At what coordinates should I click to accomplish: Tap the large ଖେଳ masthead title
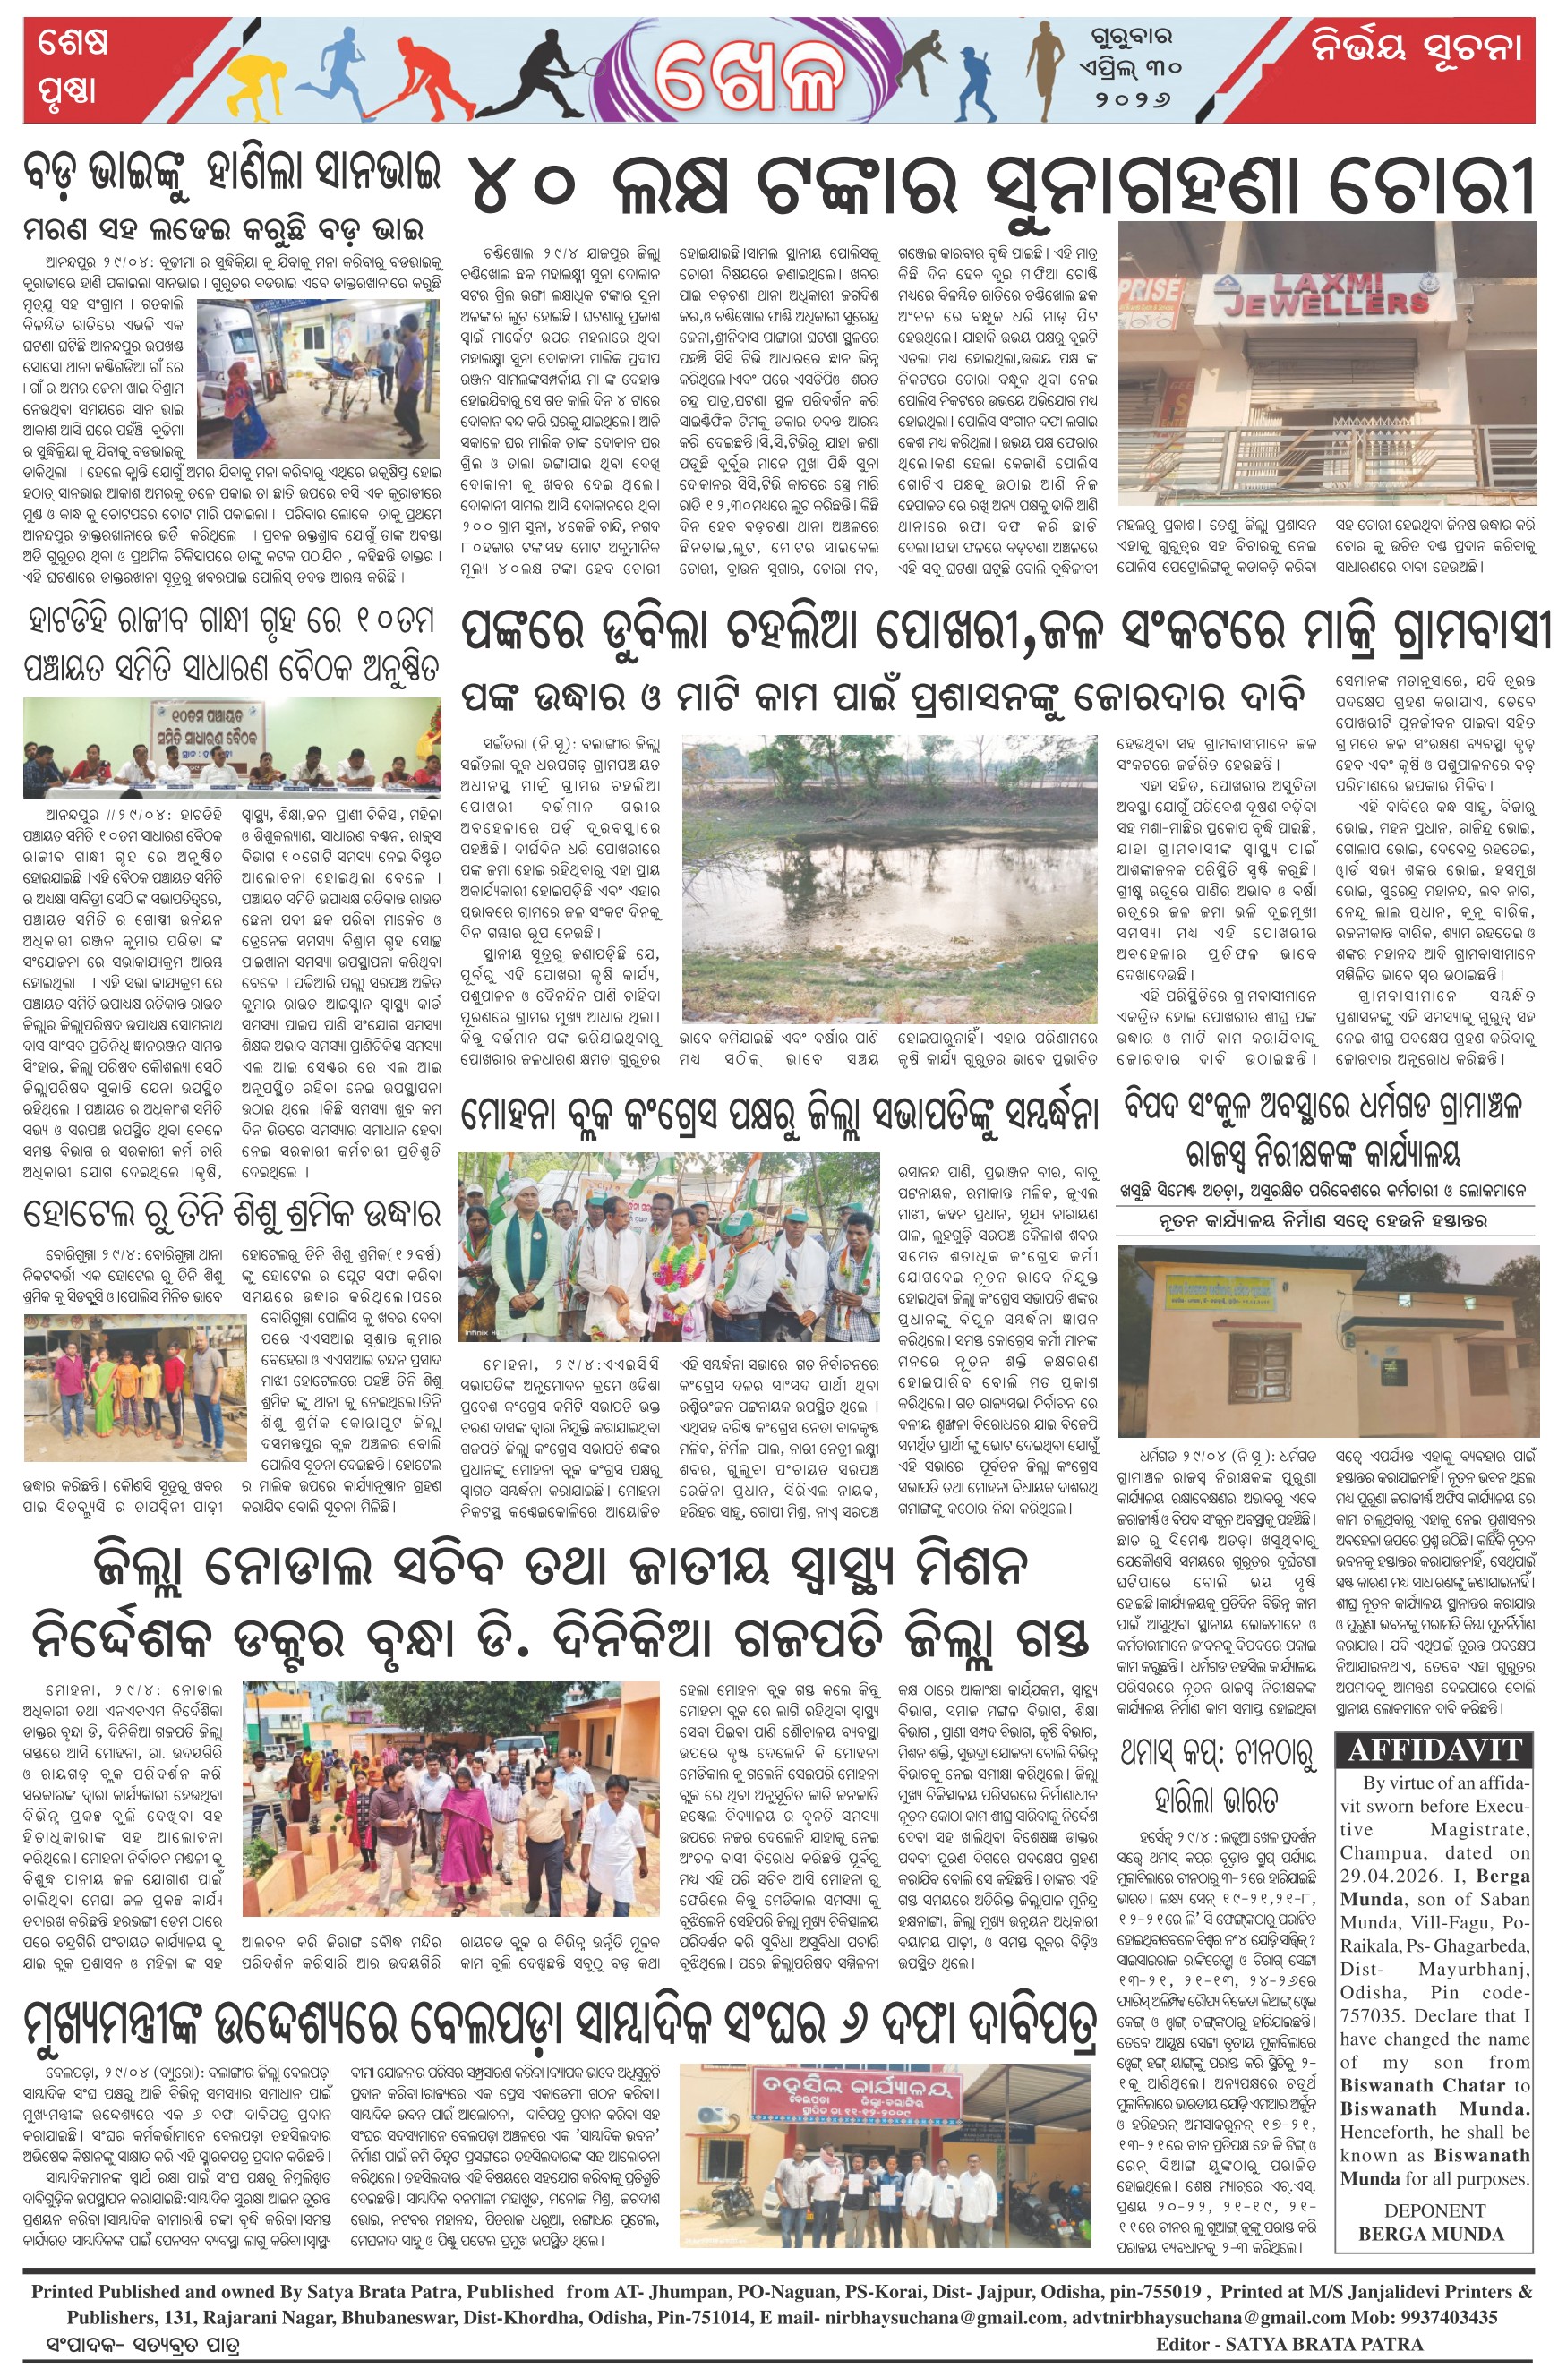point(749,76)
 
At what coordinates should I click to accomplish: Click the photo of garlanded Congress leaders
point(669,1247)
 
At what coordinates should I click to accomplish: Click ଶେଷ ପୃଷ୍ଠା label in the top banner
point(73,68)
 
